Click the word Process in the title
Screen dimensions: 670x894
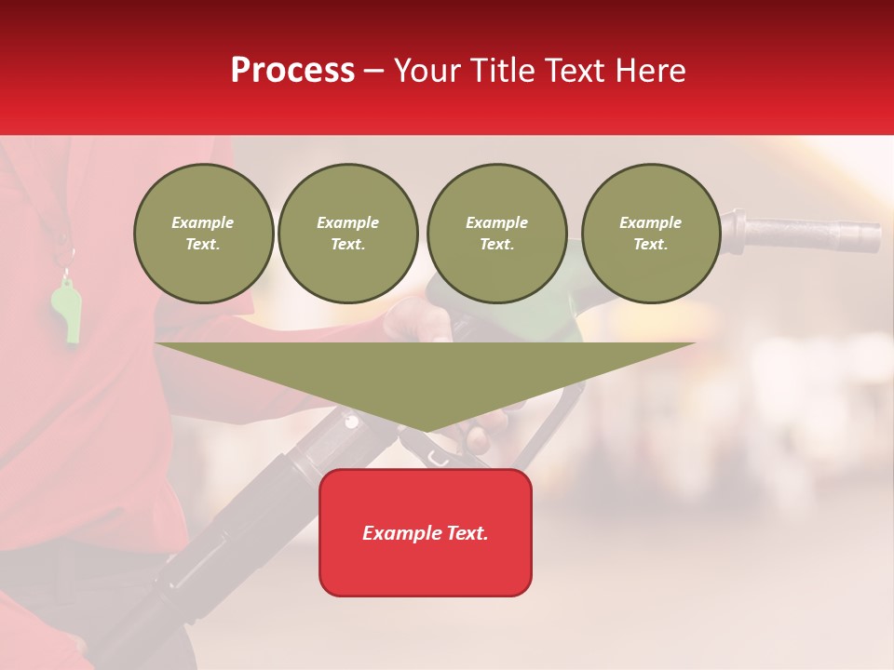292,71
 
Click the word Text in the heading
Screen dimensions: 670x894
576,71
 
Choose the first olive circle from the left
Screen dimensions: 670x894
203,234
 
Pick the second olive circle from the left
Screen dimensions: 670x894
347,234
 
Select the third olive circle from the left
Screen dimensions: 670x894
496,234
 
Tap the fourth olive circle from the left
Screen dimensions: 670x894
651,234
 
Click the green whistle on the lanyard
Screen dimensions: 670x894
65,311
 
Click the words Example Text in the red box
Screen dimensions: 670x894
426,533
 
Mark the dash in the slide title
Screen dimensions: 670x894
373,71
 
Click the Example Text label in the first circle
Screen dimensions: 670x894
203,234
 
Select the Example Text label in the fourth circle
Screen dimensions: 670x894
651,234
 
